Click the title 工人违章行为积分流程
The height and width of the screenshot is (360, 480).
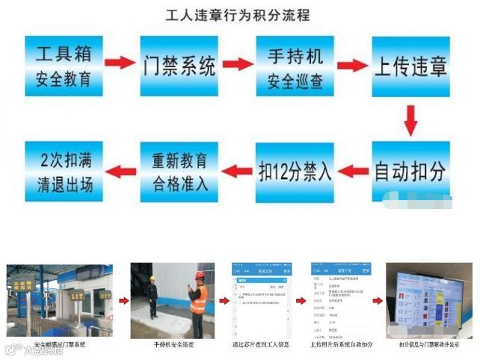(238, 14)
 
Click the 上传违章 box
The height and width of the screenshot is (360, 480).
(410, 66)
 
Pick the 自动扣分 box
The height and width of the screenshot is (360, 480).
(410, 172)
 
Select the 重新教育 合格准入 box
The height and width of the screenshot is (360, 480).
(180, 171)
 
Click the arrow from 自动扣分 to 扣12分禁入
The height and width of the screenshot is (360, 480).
(354, 172)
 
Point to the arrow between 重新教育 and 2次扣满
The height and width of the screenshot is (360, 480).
(122, 171)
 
